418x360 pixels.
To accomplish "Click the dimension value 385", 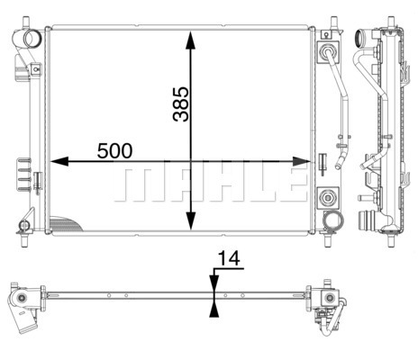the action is click(181, 104).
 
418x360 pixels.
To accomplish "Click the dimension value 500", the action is click(114, 151).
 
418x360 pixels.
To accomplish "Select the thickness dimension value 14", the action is click(229, 258).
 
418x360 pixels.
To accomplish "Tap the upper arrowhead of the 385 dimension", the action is click(191, 40).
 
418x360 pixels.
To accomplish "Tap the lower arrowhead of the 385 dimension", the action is click(191, 221).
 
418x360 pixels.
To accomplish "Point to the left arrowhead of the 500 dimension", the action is click(59, 161).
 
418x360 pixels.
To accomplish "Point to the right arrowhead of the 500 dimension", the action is click(302, 161).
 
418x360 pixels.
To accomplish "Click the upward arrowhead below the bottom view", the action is click(214, 309).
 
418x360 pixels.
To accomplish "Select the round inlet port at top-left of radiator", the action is click(32, 39).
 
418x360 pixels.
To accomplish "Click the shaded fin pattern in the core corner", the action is click(65, 224).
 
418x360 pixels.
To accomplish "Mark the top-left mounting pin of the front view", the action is click(26, 23).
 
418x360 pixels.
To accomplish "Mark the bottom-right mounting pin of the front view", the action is click(328, 240).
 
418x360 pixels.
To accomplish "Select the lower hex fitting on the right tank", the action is click(327, 197).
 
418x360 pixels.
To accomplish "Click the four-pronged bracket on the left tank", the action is click(24, 175).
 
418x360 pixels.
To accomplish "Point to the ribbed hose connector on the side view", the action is click(367, 221).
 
